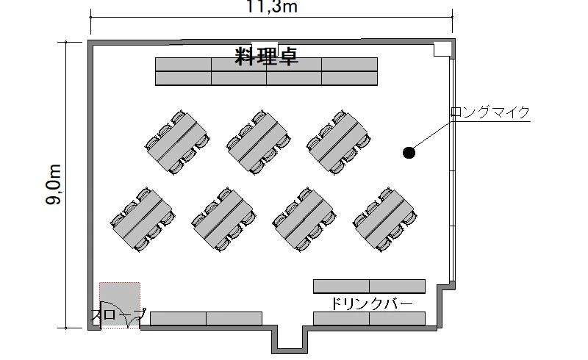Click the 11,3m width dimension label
click(x=271, y=7)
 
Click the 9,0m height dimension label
click(x=54, y=184)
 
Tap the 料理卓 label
click(x=267, y=57)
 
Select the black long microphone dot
click(x=409, y=153)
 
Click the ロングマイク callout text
click(x=490, y=112)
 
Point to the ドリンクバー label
click(x=371, y=303)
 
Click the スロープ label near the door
click(x=118, y=315)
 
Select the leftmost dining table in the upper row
click(x=177, y=142)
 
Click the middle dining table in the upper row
click(x=259, y=142)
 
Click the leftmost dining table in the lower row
click(x=143, y=220)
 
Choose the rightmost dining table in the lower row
click(x=385, y=220)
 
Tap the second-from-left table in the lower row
click(x=223, y=220)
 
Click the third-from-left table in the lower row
click(x=304, y=220)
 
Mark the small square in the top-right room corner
click(x=442, y=49)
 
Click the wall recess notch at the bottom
click(x=290, y=339)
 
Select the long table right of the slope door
click(x=207, y=318)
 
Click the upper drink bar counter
click(x=370, y=286)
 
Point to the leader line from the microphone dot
click(x=432, y=134)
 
